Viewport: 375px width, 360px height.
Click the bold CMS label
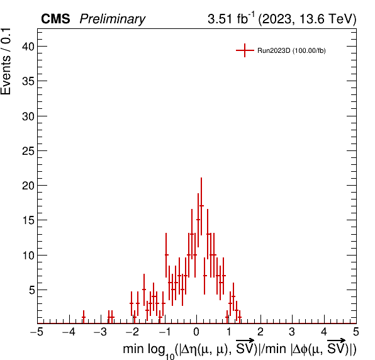click(55, 19)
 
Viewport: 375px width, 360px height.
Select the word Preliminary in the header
click(113, 19)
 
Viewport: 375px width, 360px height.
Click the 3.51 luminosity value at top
click(220, 19)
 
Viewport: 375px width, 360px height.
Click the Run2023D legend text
click(291, 51)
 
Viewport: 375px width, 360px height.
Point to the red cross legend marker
click(245, 50)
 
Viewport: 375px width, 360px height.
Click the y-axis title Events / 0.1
click(6, 62)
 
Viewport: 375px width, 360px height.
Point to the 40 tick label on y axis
click(28, 47)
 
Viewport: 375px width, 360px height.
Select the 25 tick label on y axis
click(28, 151)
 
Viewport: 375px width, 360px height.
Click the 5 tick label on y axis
click(32, 290)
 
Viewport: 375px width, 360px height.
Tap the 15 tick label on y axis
click(28, 220)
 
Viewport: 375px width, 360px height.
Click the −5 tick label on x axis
click(37, 332)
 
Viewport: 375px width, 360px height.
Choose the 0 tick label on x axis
click(196, 332)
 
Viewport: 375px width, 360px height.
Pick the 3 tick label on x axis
click(292, 332)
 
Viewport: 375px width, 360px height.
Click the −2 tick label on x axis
click(132, 332)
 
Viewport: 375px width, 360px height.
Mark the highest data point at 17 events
click(201, 206)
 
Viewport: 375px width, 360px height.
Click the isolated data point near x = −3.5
click(84, 317)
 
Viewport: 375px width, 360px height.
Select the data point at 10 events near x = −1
click(166, 255)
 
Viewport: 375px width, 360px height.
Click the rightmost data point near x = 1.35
click(240, 317)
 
